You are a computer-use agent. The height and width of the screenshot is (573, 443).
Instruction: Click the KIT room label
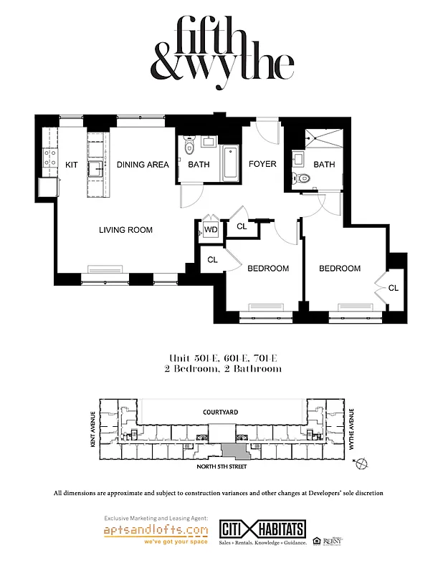pyautogui.click(x=71, y=165)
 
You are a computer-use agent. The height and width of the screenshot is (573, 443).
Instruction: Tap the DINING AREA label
pyautogui.click(x=143, y=165)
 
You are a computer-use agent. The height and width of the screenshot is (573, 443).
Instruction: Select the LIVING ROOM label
pyautogui.click(x=125, y=230)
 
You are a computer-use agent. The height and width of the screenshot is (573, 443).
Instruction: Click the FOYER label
pyautogui.click(x=262, y=164)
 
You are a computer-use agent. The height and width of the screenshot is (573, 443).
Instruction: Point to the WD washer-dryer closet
pyautogui.click(x=210, y=229)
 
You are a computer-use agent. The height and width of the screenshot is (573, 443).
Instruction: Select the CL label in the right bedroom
pyautogui.click(x=393, y=288)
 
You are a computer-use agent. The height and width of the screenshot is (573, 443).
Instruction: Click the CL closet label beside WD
pyautogui.click(x=242, y=227)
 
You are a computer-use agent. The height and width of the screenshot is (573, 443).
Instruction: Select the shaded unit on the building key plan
pyautogui.click(x=234, y=451)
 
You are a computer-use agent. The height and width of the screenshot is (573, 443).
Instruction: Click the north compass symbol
pyautogui.click(x=363, y=463)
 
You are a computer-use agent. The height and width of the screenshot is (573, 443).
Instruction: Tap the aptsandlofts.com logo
pyautogui.click(x=156, y=531)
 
